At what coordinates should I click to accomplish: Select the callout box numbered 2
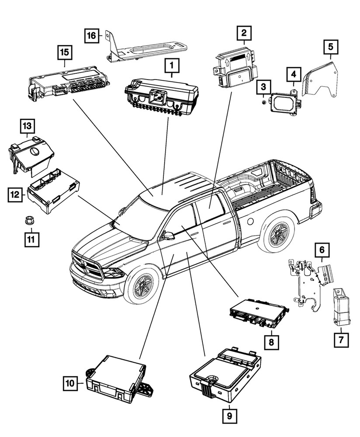244,32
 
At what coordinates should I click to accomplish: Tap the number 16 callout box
91,35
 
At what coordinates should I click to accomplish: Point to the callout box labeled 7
341,339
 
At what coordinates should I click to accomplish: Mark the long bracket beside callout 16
149,51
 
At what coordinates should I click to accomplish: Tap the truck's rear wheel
277,236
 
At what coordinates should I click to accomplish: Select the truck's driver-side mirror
168,236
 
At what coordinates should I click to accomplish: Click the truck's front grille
86,264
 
